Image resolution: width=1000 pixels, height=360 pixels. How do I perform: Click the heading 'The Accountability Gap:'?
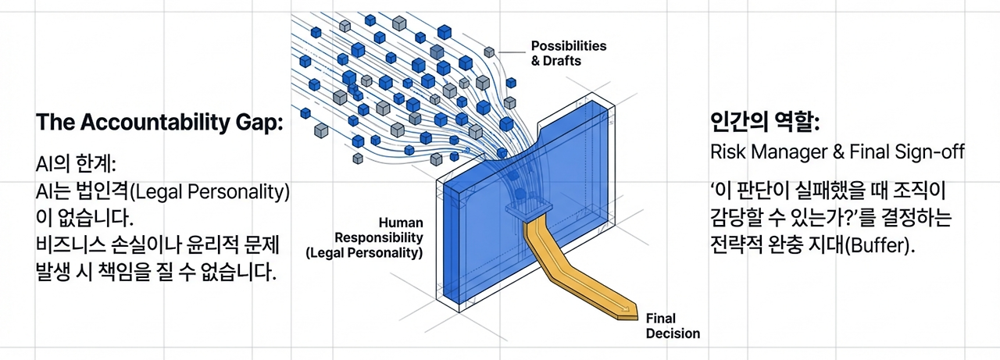[159, 123]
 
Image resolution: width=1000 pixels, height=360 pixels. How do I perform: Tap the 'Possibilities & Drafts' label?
[568, 53]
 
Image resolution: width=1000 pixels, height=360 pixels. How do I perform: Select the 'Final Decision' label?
[673, 326]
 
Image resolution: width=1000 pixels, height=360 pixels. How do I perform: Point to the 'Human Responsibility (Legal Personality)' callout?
[364, 237]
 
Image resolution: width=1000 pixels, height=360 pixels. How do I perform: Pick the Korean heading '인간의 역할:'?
[765, 121]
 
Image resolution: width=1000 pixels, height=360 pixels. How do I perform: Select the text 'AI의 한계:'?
[76, 165]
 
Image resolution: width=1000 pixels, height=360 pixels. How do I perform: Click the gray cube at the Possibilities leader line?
[489, 52]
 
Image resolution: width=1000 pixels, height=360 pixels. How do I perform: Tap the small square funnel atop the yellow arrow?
[530, 210]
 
